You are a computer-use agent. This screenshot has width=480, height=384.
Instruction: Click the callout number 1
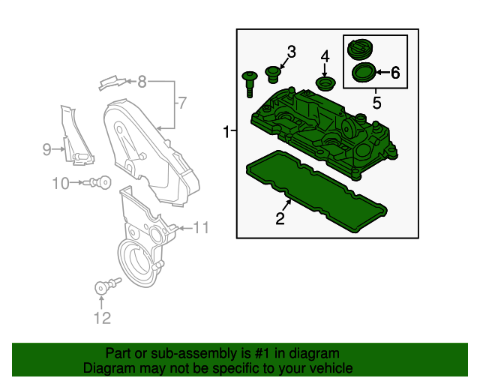(226, 132)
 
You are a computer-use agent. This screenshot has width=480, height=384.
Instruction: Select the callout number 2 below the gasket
(280, 219)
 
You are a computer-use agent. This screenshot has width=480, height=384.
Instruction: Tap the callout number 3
(291, 52)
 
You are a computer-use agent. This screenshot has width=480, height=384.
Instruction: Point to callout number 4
(325, 56)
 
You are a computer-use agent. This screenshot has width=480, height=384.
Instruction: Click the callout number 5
(377, 100)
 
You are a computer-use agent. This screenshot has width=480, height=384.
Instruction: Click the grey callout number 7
(180, 102)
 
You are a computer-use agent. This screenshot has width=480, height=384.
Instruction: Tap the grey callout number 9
(46, 149)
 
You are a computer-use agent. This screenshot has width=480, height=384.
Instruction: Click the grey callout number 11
(201, 227)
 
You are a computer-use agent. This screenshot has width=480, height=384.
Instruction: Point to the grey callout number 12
(102, 318)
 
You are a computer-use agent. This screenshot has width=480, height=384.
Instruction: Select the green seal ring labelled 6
(364, 73)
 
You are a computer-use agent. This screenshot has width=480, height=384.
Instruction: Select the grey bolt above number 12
(104, 286)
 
